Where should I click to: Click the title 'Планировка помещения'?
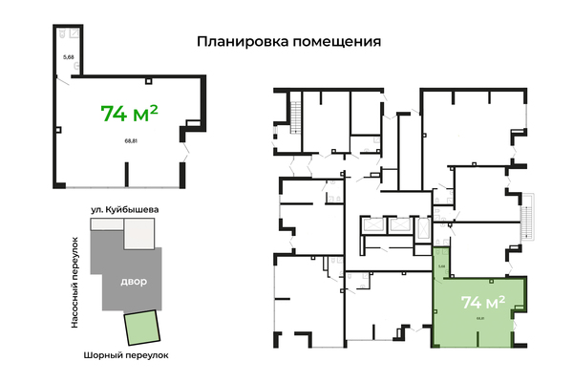[x=288, y=42]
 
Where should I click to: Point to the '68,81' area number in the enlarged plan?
[x=130, y=141]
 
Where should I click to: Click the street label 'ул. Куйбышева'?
[x=124, y=208]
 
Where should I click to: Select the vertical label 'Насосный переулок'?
[x=74, y=284]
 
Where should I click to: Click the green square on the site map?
[x=142, y=329]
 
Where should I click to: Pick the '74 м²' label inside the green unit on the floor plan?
[x=482, y=303]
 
